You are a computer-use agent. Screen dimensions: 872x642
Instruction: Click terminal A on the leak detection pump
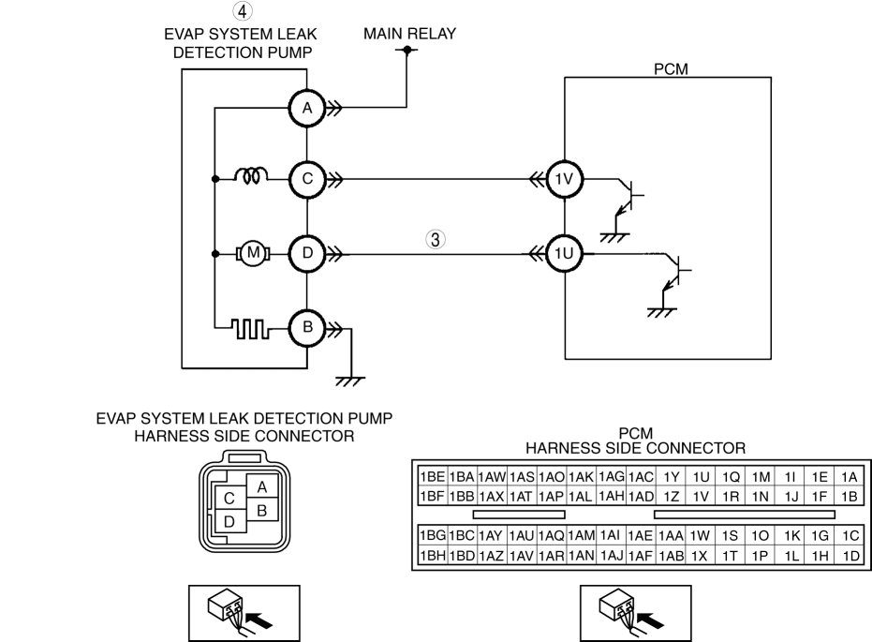point(307,109)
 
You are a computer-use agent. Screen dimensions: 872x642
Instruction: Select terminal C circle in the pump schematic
point(307,179)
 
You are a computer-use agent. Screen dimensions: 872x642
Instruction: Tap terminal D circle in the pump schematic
point(307,254)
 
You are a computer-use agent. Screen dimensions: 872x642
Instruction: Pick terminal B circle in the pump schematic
point(307,328)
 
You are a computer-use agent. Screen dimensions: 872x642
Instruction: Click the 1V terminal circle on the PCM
point(565,179)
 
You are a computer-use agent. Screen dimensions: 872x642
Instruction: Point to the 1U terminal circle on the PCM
point(565,254)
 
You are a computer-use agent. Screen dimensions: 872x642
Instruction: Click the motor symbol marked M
point(253,254)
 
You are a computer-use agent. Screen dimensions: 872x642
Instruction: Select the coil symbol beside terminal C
point(251,176)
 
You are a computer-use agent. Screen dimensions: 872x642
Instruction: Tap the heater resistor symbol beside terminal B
point(250,328)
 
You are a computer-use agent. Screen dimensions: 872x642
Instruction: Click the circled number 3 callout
point(436,239)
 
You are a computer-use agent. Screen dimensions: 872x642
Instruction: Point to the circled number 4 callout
point(242,10)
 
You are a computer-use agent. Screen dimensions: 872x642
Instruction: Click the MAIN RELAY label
point(410,34)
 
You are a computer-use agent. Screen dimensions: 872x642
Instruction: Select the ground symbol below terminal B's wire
point(350,381)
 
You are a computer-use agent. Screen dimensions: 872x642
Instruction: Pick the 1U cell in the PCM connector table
point(701,477)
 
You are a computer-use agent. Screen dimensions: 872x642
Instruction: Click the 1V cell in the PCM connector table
point(701,496)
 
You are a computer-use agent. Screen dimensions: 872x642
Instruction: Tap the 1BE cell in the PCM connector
point(433,477)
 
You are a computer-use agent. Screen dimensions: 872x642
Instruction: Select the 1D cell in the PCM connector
point(850,555)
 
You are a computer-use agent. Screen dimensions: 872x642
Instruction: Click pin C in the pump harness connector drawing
point(229,499)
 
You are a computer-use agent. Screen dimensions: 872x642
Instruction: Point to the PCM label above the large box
point(671,69)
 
